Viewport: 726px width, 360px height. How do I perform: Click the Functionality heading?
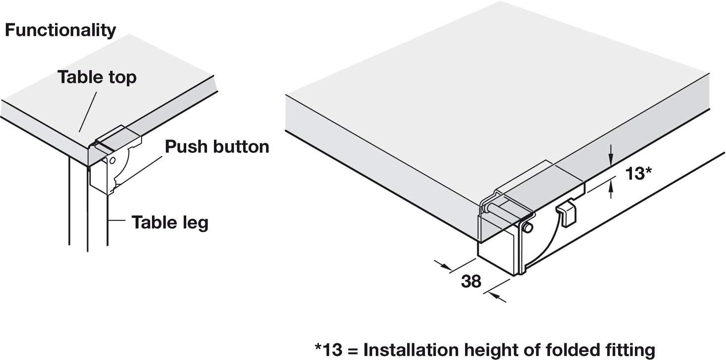(60, 31)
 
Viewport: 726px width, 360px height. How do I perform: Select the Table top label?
(97, 77)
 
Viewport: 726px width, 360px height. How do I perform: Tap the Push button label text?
(217, 147)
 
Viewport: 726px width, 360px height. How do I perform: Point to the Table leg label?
(169, 222)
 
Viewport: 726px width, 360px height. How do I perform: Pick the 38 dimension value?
(471, 281)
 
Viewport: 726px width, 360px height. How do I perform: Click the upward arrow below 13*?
(611, 189)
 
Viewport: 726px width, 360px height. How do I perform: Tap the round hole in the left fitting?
(112, 161)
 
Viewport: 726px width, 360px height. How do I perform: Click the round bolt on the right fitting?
(528, 228)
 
